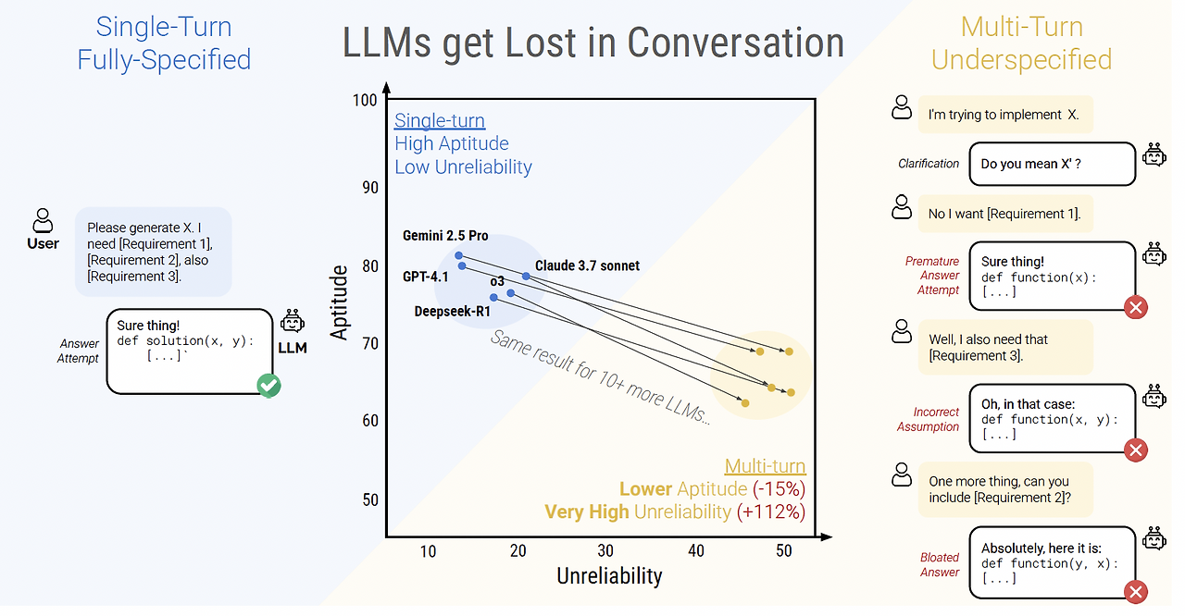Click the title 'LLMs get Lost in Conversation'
point(592,43)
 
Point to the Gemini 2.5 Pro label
point(445,236)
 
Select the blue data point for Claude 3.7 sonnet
point(526,277)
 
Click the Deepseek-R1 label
point(452,312)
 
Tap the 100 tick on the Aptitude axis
point(365,100)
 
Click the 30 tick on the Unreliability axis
point(605,551)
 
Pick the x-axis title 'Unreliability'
point(609,576)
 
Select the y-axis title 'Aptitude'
point(341,302)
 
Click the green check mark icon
point(269,386)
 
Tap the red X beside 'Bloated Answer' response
point(1135,593)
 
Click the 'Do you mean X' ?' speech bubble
point(1052,164)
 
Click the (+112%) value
point(771,511)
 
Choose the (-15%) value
point(779,489)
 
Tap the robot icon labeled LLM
point(293,325)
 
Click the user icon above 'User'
point(43,220)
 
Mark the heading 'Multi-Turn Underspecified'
point(1021,43)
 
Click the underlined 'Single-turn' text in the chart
point(440,120)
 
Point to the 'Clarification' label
point(929,164)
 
